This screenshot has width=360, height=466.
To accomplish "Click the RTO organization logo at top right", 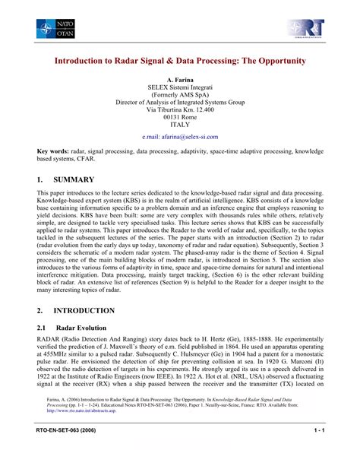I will (312, 28).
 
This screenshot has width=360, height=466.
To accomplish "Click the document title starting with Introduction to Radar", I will (179, 59).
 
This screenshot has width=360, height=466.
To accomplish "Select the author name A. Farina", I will (180, 79).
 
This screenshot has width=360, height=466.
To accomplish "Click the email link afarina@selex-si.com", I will (180, 137).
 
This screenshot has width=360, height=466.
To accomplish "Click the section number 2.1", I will (43, 328).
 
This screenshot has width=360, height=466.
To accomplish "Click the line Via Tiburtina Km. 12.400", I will (180, 109).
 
